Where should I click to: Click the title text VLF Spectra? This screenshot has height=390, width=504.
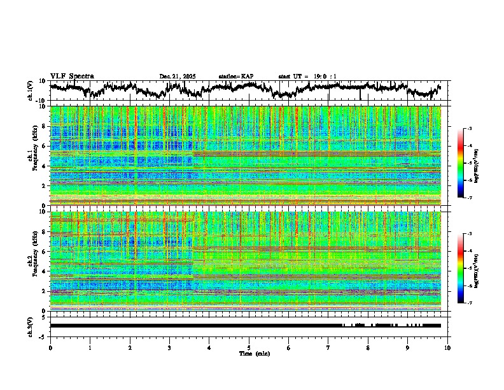(72, 76)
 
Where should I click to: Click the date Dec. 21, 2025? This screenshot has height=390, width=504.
(178, 76)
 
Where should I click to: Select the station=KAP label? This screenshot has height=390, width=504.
(235, 76)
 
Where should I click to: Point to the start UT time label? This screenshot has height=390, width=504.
(307, 76)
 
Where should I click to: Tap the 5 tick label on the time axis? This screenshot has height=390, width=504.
(249, 347)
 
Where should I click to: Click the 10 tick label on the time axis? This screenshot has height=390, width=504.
(447, 347)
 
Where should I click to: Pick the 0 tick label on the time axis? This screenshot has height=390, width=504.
(50, 347)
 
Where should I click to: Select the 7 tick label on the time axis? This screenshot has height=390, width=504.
(328, 347)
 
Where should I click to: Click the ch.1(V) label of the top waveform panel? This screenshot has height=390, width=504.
(30, 91)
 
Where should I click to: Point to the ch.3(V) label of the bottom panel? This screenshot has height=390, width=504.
(30, 326)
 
